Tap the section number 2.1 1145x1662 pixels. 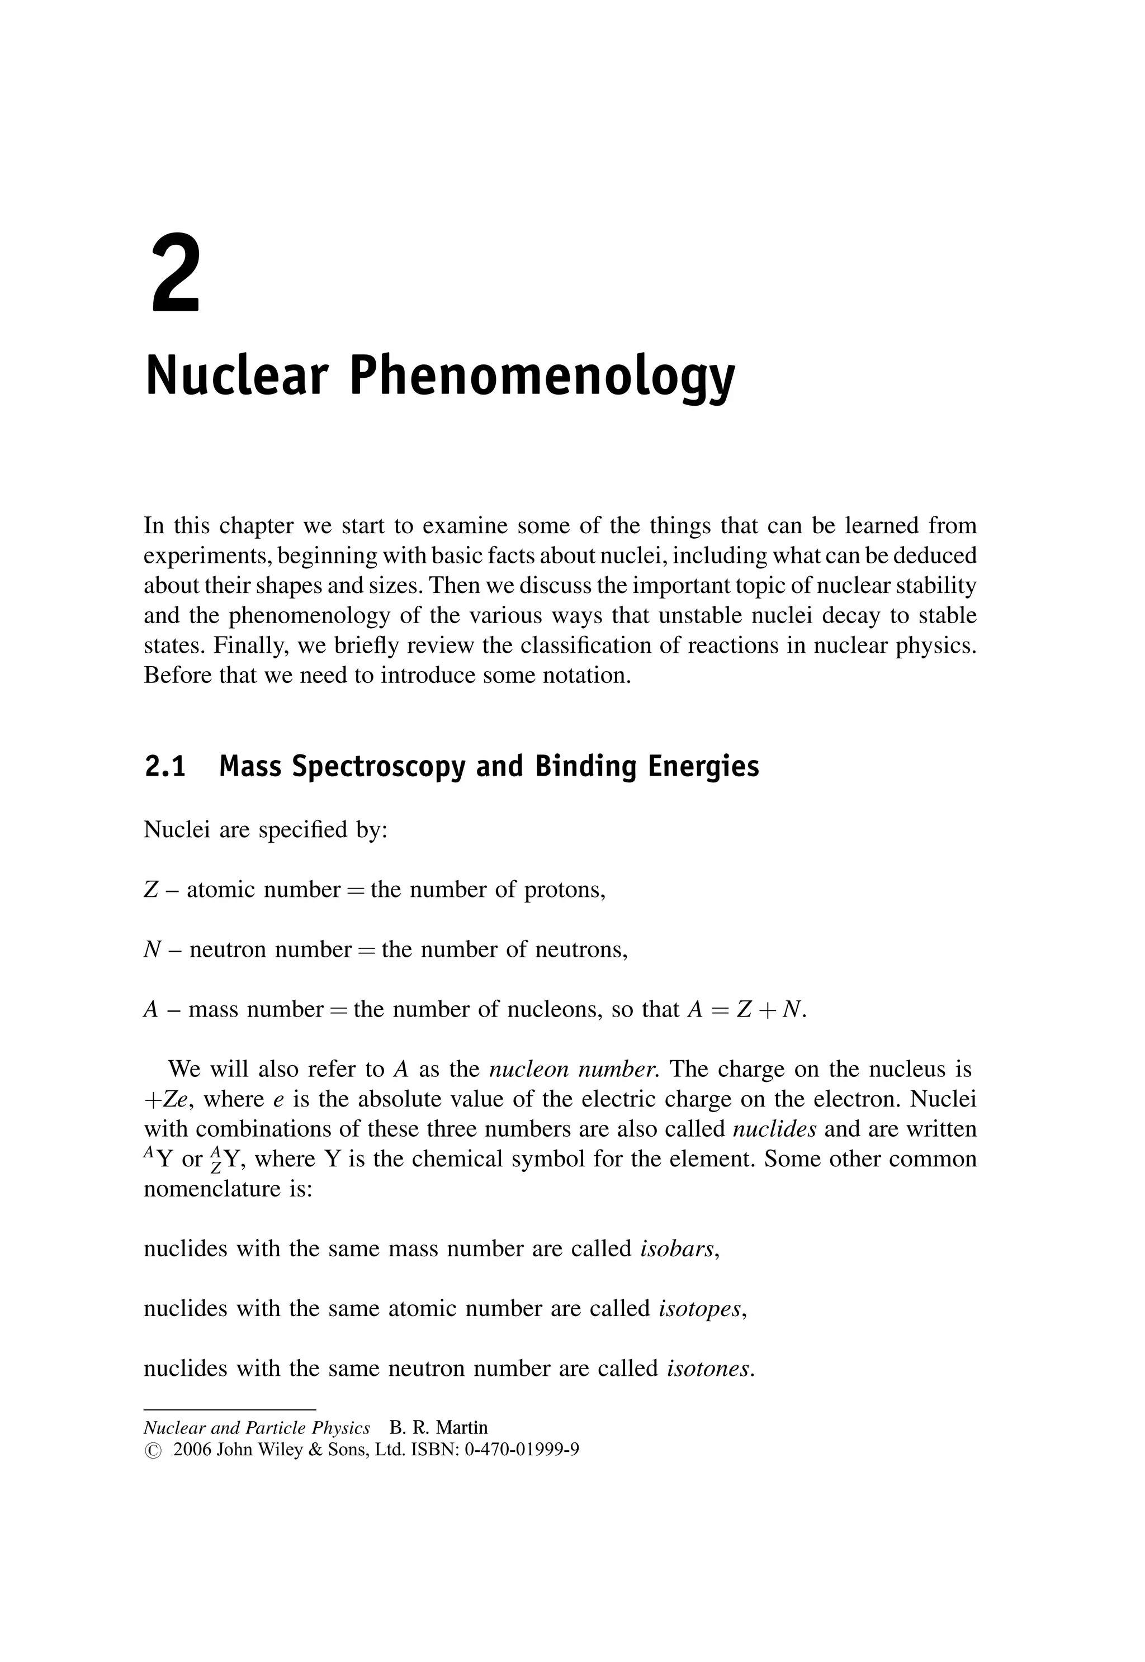pos(165,767)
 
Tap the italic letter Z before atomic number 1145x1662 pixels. pos(150,890)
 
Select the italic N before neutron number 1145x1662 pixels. pos(152,950)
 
